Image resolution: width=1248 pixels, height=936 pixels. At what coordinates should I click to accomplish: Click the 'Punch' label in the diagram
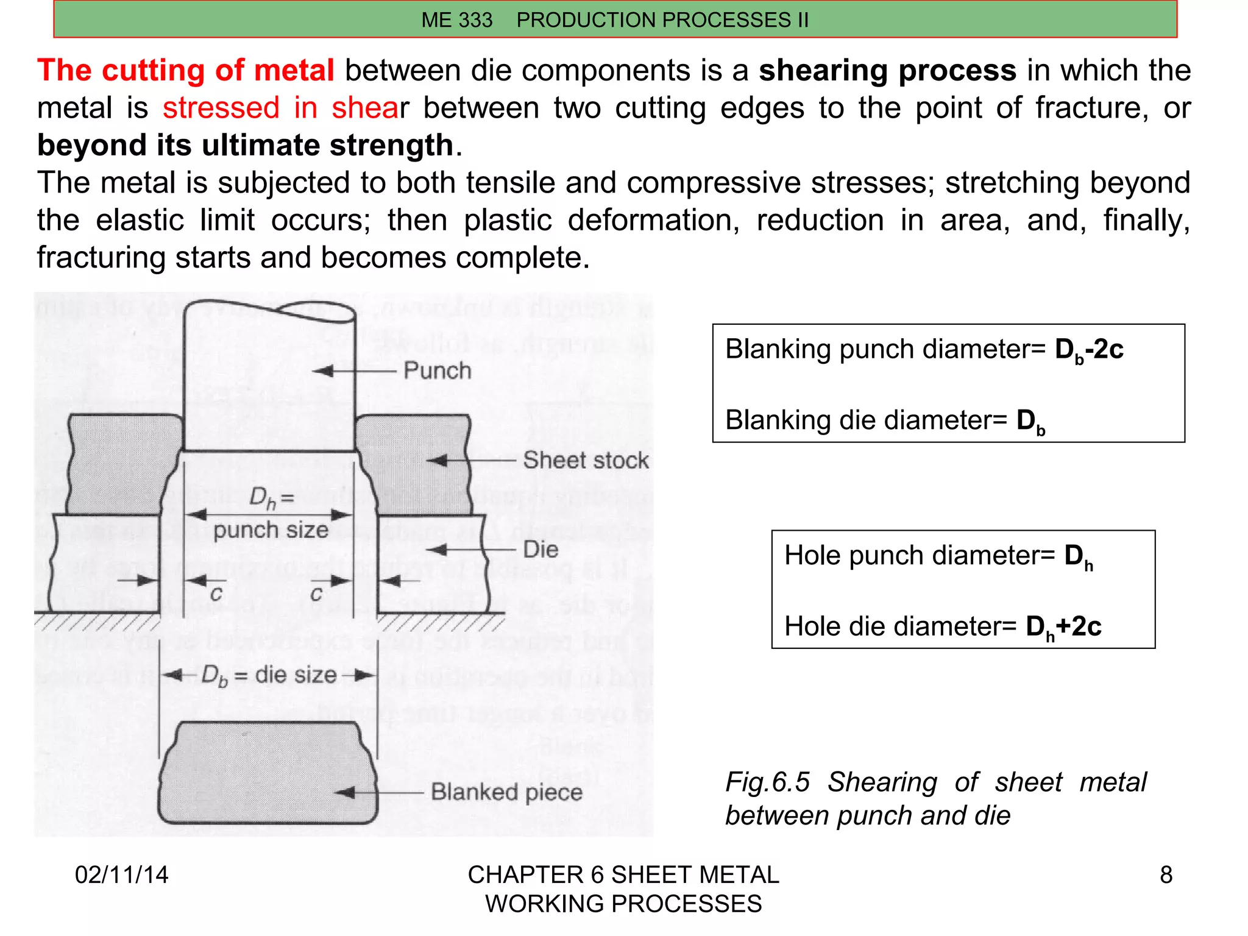coord(437,370)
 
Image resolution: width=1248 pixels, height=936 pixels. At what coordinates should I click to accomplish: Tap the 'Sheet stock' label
coord(586,460)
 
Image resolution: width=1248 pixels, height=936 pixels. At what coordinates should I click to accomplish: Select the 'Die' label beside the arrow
coord(541,550)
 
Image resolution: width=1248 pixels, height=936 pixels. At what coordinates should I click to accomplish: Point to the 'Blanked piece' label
coord(506,792)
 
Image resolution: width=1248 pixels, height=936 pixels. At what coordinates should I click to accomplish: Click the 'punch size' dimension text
coord(271,530)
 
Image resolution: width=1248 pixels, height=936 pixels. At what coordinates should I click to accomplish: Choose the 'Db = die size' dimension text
coord(269,675)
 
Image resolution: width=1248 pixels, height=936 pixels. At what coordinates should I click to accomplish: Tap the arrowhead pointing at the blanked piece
coord(345,793)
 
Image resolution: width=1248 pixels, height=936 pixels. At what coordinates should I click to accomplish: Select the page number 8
coord(1166,875)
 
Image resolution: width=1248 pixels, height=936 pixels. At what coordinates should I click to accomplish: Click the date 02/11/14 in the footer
coord(121,875)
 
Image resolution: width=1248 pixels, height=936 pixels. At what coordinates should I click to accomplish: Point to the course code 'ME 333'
coord(456,20)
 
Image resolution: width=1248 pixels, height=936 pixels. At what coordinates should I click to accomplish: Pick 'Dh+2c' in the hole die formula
coord(1063,627)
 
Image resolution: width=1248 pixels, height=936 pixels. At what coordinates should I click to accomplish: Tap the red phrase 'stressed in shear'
coord(285,108)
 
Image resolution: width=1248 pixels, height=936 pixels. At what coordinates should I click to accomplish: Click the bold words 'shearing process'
coord(887,71)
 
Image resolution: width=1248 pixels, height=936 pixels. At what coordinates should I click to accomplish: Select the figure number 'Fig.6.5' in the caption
coord(767,782)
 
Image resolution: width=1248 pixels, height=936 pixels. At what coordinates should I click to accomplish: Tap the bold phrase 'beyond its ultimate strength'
coord(245,146)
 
